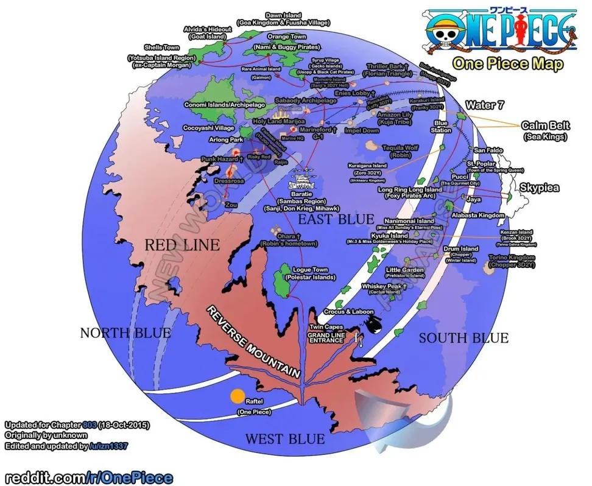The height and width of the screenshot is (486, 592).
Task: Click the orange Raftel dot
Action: (237, 396)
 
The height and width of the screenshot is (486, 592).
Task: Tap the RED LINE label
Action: (182, 245)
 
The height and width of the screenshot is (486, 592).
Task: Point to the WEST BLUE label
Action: (284, 438)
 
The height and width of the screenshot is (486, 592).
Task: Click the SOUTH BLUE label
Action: (463, 338)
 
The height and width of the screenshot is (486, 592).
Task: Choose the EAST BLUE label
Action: (331, 218)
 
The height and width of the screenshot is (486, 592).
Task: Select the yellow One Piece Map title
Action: (507, 64)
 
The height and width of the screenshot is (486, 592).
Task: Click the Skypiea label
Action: (539, 189)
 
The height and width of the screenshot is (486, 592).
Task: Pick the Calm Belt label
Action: (545, 125)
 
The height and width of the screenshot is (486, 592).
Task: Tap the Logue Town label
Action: (311, 270)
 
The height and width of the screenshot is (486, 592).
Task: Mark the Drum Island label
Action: (460, 249)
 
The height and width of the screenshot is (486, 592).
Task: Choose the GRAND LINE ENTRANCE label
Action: (326, 338)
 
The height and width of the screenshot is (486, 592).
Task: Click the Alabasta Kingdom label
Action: (478, 215)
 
